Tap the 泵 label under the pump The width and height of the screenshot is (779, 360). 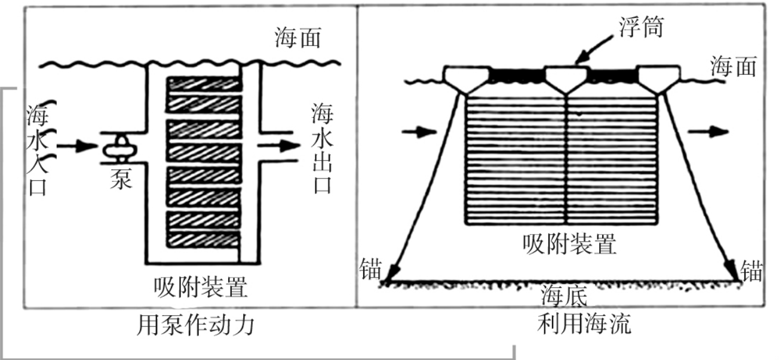121,179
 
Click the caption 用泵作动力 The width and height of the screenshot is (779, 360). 195,325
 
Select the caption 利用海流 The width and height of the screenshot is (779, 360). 584,324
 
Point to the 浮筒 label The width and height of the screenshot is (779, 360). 641,26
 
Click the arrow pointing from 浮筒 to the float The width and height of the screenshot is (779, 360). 594,50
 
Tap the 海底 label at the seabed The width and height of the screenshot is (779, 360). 564,296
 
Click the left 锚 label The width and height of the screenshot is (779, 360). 371,269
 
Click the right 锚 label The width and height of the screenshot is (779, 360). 751,270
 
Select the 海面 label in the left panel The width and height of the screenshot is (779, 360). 298,38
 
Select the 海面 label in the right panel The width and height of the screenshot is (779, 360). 734,66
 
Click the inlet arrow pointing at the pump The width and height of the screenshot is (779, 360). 77,146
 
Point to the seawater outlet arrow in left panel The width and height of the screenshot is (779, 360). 279,146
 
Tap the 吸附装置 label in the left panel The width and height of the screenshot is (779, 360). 201,287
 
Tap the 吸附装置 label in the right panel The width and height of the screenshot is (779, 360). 570,244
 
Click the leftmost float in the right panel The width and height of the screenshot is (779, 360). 467,79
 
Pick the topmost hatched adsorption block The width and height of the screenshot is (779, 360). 204,84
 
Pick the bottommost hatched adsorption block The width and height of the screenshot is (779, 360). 204,239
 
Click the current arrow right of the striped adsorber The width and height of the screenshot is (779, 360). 708,132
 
